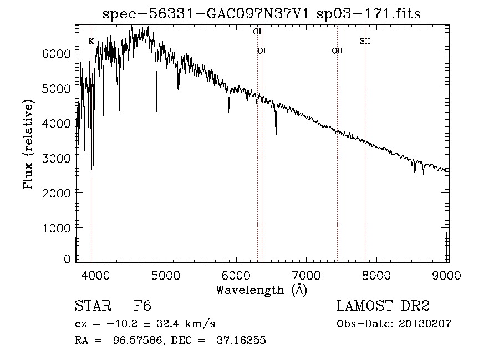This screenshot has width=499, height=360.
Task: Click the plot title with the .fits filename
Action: coord(261,14)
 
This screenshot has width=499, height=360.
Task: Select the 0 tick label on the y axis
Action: coord(68,259)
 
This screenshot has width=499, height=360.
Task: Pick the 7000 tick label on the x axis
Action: coord(307,275)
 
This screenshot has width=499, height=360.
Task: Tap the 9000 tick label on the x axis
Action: coord(447,275)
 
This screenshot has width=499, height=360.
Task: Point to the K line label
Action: coord(91,40)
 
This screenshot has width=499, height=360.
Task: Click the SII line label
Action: coord(364,40)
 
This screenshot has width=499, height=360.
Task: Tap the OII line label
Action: coord(337,50)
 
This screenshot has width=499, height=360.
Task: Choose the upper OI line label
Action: coord(257,32)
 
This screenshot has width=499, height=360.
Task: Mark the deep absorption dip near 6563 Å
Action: coord(276,133)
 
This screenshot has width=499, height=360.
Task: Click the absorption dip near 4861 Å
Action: coord(156,110)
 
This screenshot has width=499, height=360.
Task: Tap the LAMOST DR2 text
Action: coord(383,306)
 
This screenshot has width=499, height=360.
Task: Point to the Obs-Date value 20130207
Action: coord(425,324)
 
